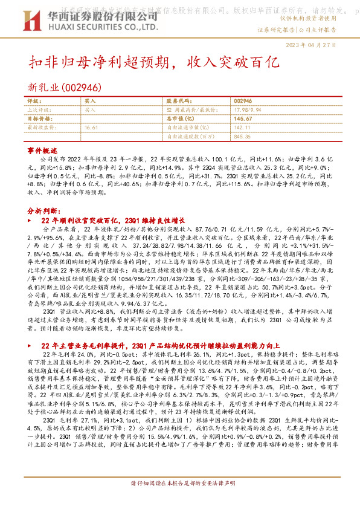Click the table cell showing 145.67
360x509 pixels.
(243, 119)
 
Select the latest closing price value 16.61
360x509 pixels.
(92, 128)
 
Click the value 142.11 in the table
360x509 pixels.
(242, 128)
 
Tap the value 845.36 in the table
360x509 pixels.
(242, 137)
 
